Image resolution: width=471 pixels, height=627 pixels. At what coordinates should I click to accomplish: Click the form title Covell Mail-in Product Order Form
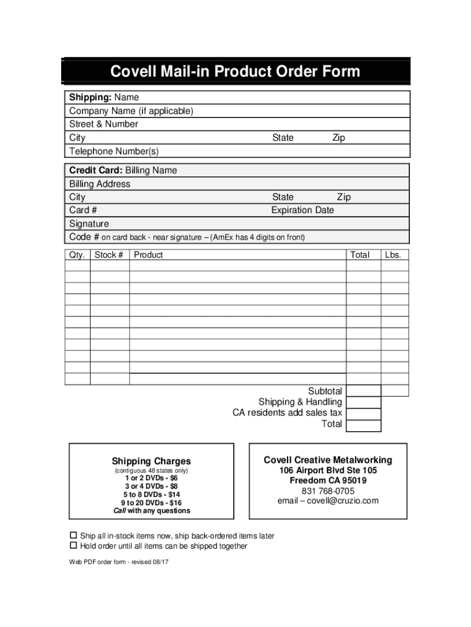(x=236, y=72)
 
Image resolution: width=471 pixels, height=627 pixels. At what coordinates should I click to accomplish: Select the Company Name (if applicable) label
(x=131, y=111)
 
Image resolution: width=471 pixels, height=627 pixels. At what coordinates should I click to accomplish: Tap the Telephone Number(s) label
(x=113, y=151)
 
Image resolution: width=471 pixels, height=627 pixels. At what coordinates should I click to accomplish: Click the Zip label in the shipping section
(x=338, y=138)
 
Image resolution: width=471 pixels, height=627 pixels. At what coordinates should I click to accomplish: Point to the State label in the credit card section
(x=283, y=197)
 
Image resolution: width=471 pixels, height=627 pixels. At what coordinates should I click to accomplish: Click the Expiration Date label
(x=303, y=210)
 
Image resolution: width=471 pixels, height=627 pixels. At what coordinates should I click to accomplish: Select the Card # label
(x=83, y=210)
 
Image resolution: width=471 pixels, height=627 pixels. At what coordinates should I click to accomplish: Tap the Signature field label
(x=89, y=224)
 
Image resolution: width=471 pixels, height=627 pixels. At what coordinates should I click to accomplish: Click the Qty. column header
(x=78, y=255)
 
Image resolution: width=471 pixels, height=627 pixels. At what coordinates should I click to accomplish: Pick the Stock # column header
(x=109, y=255)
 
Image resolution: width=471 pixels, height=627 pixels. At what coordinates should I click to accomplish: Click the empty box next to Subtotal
(x=363, y=391)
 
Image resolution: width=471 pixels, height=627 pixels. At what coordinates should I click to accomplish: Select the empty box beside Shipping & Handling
(x=363, y=402)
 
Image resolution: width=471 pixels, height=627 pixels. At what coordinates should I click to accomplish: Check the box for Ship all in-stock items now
(x=73, y=535)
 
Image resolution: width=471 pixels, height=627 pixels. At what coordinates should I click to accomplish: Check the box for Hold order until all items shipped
(x=73, y=546)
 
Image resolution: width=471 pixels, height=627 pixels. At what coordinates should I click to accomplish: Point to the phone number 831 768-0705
(x=328, y=490)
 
